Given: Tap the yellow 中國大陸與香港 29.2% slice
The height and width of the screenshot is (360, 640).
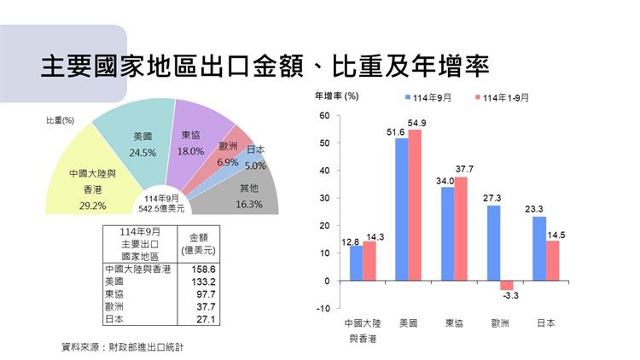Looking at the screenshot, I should pyautogui.click(x=85, y=183).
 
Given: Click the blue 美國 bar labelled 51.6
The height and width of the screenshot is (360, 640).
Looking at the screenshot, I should pyautogui.click(x=401, y=209).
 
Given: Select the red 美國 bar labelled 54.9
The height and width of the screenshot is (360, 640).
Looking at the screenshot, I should pyautogui.click(x=416, y=205).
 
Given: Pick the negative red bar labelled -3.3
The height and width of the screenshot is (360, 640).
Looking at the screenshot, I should pyautogui.click(x=507, y=285).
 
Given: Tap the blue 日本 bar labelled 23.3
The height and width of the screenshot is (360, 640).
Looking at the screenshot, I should pyautogui.click(x=538, y=248).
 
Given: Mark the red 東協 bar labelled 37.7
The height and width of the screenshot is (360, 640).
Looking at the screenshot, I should pyautogui.click(x=462, y=229).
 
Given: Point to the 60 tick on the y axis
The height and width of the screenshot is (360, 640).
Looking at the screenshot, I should pyautogui.click(x=325, y=116).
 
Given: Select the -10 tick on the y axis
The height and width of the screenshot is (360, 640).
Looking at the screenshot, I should pyautogui.click(x=323, y=308).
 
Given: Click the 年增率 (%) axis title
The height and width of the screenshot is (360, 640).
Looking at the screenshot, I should pyautogui.click(x=337, y=96).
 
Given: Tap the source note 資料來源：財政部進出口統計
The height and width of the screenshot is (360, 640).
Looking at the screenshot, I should pyautogui.click(x=123, y=347).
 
